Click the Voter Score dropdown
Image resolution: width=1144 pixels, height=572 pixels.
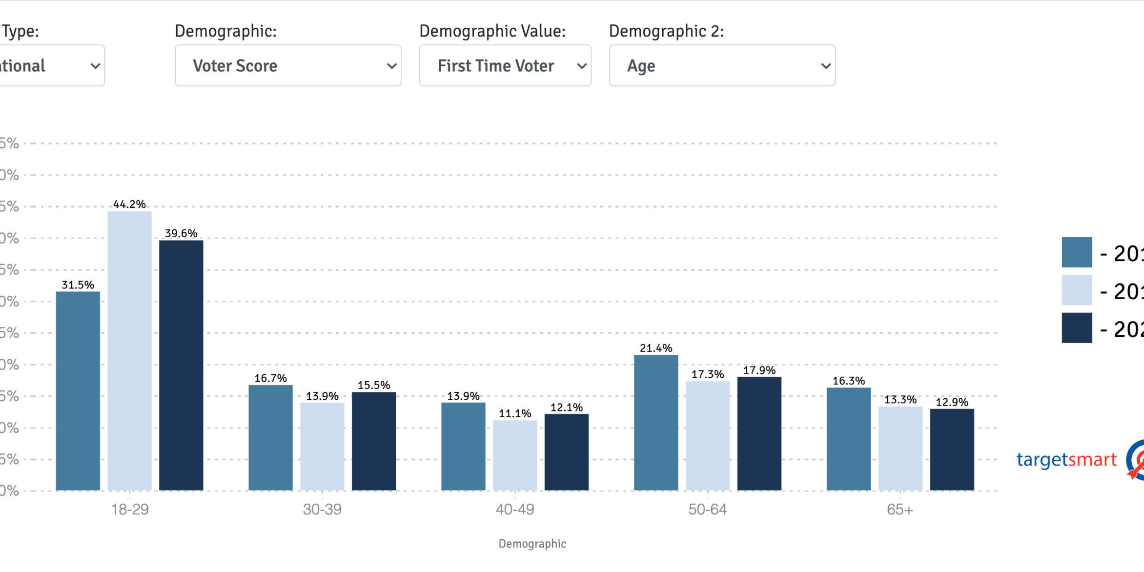point(288,65)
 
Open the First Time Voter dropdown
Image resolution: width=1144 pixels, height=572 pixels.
point(505,65)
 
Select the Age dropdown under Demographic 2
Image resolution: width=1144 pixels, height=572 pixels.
point(722,65)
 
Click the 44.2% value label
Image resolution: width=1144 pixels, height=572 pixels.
point(129,204)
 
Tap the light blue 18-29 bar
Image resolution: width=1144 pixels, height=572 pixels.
point(129,351)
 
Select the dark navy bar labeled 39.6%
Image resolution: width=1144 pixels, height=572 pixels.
point(181,366)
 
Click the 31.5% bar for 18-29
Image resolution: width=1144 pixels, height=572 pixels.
point(78,390)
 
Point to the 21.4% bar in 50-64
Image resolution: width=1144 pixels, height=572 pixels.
point(656,422)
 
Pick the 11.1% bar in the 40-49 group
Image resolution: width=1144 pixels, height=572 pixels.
point(515,455)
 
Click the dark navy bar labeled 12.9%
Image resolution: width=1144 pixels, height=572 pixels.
point(952,449)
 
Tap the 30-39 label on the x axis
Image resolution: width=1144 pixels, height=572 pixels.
point(322,510)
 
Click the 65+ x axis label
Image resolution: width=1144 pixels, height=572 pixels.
point(899,510)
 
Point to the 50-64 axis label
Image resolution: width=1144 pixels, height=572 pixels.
point(707,510)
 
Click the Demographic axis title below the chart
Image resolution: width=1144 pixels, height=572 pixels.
point(532,544)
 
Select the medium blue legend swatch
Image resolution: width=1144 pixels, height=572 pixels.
point(1077,252)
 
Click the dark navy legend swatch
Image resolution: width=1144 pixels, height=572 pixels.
point(1077,328)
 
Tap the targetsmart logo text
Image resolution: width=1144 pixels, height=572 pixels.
point(1066,460)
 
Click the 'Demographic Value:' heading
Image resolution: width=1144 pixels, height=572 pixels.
point(492,31)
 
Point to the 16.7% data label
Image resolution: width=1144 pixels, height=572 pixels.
point(270,378)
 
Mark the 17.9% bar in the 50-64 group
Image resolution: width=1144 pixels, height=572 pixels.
point(759,433)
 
